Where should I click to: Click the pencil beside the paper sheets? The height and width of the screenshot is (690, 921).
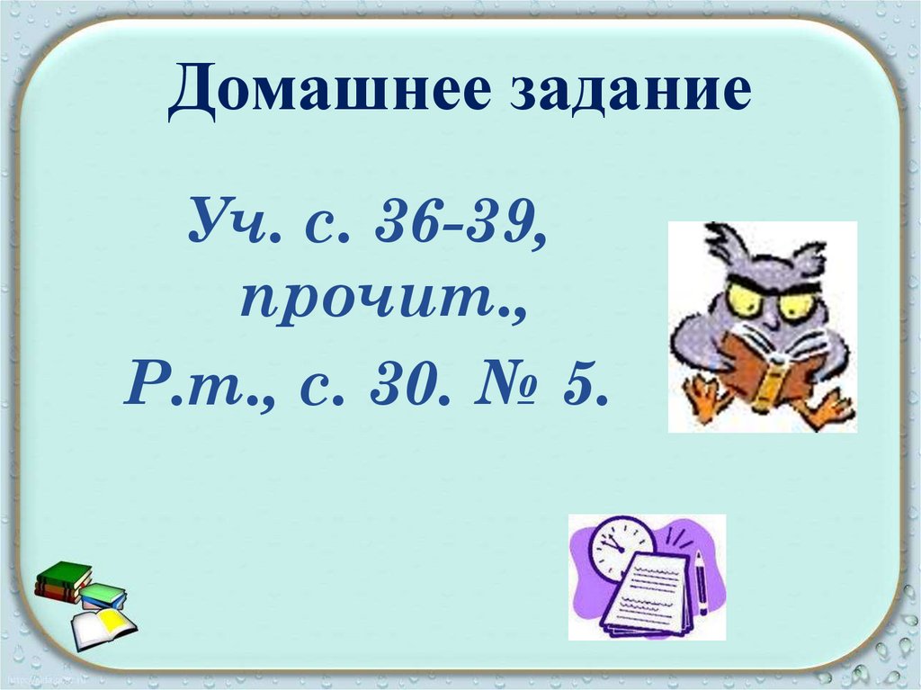pos(700,585)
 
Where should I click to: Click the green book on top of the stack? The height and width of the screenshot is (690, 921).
pos(64,574)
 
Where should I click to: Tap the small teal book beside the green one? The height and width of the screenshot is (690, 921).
pos(103,594)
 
